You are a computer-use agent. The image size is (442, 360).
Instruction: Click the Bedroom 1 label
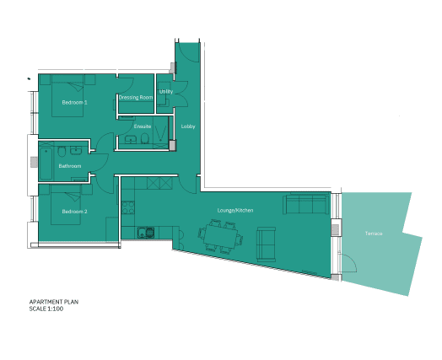75,102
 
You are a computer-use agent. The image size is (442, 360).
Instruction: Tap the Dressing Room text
136,98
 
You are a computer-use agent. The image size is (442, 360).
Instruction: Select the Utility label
166,92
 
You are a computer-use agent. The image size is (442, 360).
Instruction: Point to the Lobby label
188,126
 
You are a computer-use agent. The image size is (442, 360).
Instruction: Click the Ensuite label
143,126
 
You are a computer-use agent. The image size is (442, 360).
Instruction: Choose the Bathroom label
70,166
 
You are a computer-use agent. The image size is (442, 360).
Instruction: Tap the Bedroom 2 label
75,212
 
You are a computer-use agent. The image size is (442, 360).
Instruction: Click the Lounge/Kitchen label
235,211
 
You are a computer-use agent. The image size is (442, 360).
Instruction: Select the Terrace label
374,234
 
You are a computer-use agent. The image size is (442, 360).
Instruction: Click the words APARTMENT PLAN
54,302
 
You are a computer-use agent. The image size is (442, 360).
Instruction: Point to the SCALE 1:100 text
46,309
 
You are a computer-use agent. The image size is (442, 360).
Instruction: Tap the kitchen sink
146,233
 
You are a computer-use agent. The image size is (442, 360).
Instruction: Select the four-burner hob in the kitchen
128,207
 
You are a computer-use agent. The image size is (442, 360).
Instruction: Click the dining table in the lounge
221,236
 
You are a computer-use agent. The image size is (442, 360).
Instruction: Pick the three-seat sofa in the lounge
306,203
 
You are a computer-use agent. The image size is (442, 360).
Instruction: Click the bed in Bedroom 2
66,205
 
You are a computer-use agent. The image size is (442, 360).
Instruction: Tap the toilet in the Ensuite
145,138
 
